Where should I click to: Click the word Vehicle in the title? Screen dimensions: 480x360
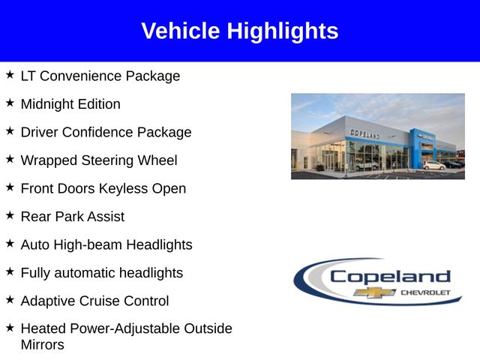[181, 31]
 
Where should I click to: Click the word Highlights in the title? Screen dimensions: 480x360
[283, 31]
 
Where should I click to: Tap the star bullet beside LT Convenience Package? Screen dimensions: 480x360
[10, 74]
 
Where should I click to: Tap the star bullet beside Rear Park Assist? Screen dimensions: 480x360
[10, 215]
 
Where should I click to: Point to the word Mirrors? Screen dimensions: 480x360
[43, 345]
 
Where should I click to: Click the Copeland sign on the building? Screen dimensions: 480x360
[365, 133]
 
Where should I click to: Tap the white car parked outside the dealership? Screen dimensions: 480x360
[434, 165]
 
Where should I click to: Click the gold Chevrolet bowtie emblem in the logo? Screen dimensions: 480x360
[374, 292]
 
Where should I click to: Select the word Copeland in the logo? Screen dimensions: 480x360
[390, 277]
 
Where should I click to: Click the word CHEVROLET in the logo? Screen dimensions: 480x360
[425, 292]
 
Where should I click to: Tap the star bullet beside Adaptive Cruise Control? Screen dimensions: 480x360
[10, 299]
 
